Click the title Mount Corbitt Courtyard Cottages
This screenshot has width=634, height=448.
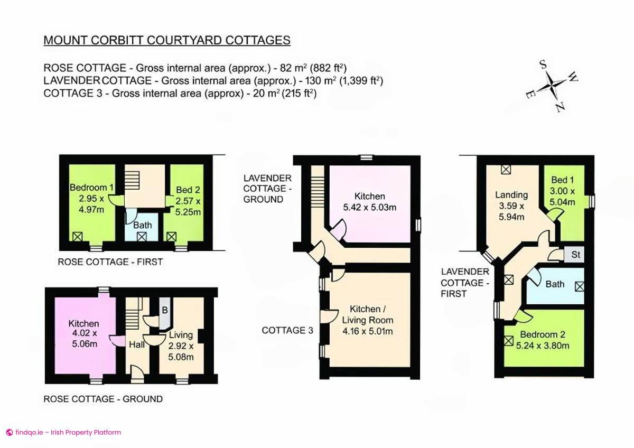167,40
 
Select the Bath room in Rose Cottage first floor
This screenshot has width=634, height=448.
142,226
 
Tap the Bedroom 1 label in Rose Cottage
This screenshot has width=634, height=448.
92,188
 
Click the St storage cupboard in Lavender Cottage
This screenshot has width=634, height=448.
576,254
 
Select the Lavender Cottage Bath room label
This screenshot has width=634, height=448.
555,284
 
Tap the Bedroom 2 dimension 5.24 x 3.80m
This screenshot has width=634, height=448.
543,346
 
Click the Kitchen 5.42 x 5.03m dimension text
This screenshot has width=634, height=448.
370,207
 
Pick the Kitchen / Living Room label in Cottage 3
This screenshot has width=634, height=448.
368,314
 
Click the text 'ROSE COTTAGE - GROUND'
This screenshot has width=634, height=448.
102,399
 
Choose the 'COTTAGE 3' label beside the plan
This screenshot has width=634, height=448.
287,330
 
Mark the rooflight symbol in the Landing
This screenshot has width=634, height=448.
506,170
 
